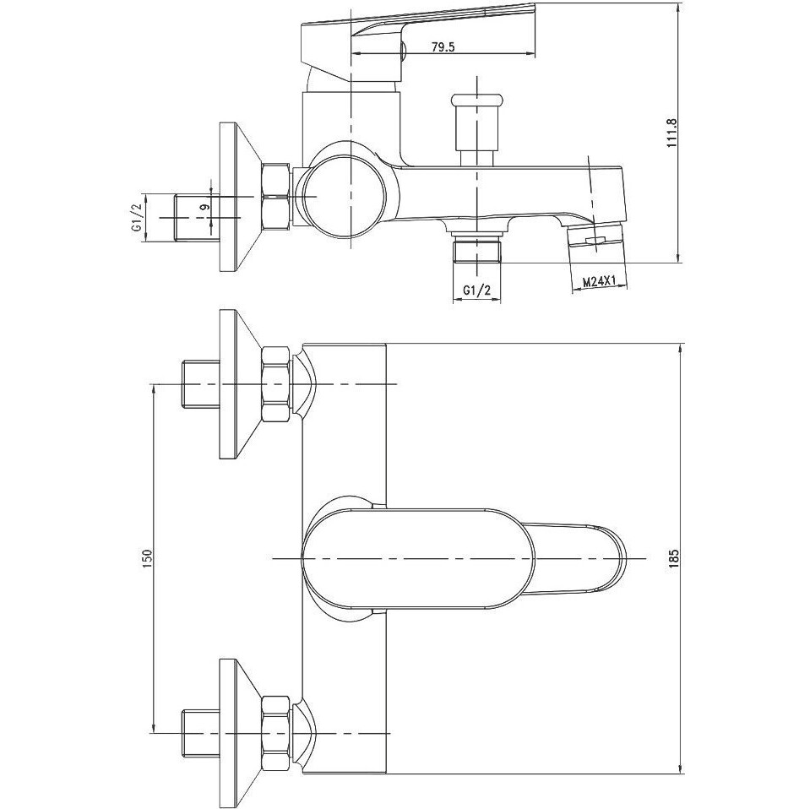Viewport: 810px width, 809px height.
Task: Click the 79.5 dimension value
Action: pyautogui.click(x=443, y=47)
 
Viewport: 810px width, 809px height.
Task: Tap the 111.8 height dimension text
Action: pyautogui.click(x=671, y=133)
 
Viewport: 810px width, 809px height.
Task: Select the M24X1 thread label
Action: pyautogui.click(x=599, y=282)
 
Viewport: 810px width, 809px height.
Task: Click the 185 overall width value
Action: pyautogui.click(x=673, y=559)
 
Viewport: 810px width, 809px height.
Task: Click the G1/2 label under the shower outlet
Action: pyautogui.click(x=476, y=290)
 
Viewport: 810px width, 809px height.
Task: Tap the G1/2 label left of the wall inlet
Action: pyautogui.click(x=137, y=218)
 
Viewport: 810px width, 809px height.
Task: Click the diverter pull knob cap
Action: pyautogui.click(x=476, y=100)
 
